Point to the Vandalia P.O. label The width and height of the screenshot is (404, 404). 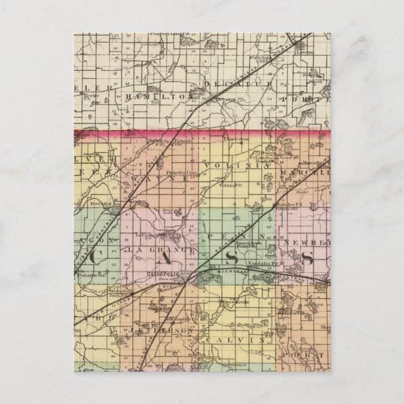coord(245,266)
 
